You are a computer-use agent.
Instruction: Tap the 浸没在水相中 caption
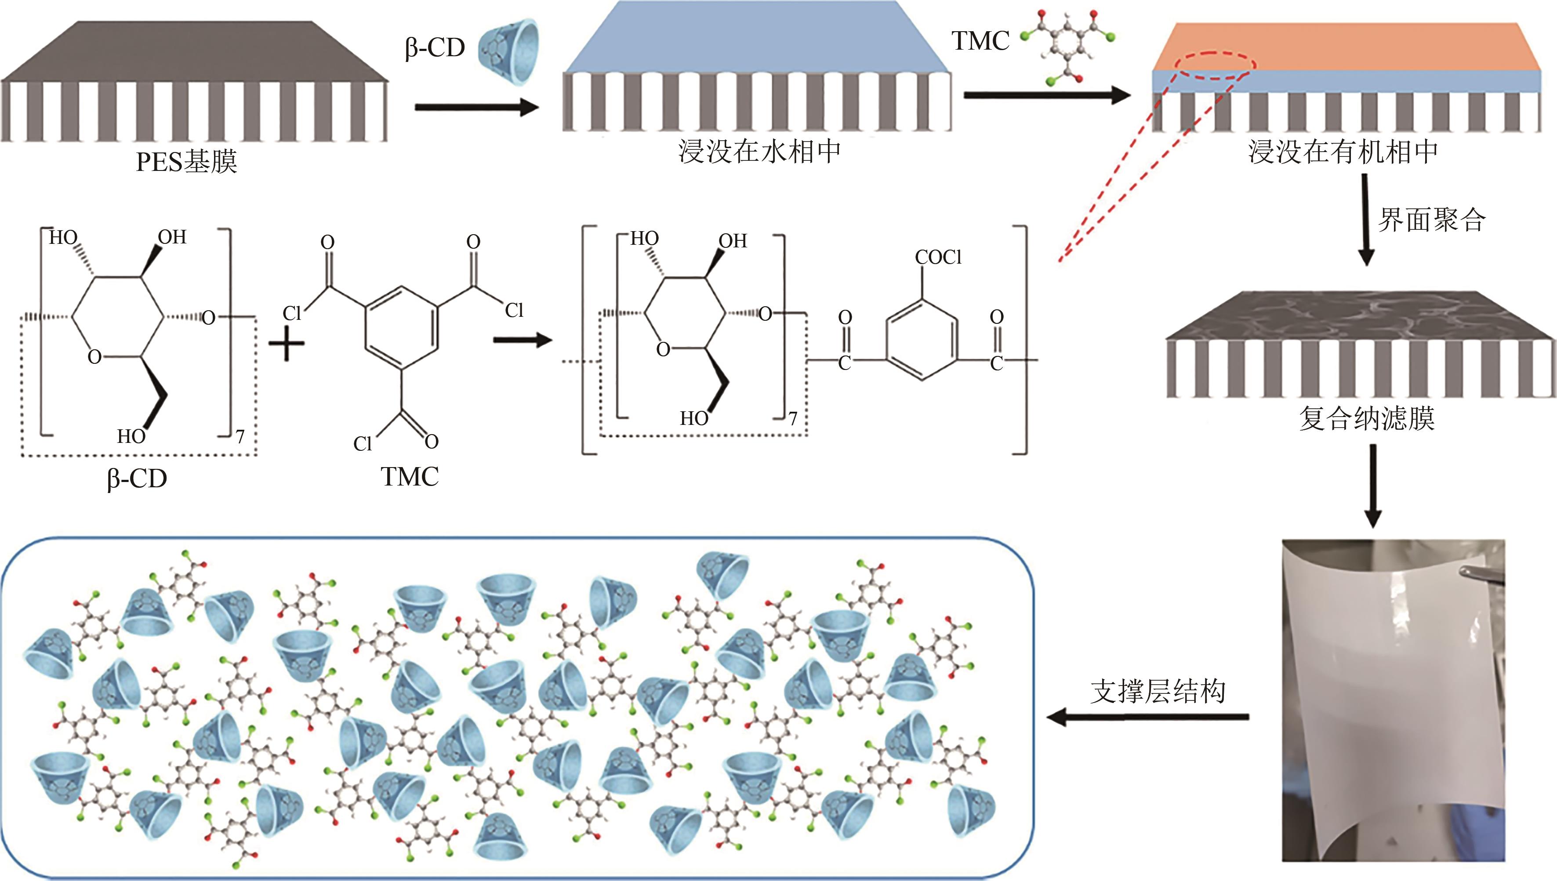point(759,151)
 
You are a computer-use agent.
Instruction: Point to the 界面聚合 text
point(1432,220)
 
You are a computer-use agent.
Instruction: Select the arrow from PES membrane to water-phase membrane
point(477,108)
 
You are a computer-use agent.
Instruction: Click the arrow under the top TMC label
point(1047,96)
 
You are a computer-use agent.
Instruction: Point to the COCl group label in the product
point(938,258)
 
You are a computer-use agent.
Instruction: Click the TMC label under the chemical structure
point(410,477)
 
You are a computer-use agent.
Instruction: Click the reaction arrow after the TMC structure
point(523,340)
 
